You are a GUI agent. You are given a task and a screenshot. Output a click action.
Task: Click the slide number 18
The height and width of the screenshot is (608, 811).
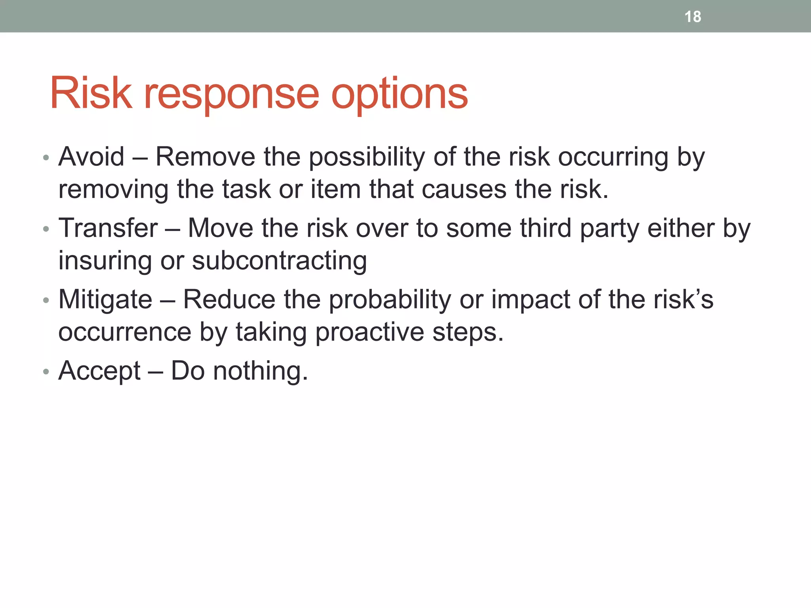click(693, 17)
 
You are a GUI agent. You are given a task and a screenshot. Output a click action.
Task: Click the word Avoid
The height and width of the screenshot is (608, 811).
click(91, 157)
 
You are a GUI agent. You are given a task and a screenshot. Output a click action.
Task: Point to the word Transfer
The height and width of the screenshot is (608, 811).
click(108, 228)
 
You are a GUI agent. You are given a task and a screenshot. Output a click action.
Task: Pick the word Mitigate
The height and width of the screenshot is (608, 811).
click(105, 300)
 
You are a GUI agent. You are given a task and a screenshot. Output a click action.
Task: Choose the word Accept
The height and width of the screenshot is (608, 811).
click(99, 371)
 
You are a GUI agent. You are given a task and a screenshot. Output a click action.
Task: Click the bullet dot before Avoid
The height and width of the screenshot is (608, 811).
click(46, 158)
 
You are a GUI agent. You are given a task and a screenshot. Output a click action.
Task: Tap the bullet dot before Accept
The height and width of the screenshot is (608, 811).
click(46, 372)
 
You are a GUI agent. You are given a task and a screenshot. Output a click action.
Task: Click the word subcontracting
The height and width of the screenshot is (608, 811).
click(280, 261)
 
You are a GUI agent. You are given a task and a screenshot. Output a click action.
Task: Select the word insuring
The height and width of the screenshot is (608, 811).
click(105, 261)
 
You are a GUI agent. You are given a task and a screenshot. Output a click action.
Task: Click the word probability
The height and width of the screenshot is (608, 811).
click(390, 300)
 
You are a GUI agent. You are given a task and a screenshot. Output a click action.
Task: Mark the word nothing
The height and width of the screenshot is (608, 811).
click(260, 371)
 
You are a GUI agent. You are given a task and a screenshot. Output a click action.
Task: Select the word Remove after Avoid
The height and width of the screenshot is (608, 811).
click(206, 157)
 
